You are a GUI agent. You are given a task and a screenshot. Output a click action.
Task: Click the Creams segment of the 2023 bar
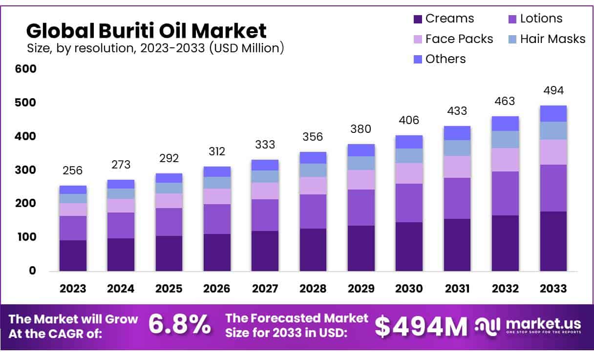[x=73, y=255]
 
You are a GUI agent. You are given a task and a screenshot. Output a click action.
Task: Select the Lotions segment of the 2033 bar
[x=553, y=188]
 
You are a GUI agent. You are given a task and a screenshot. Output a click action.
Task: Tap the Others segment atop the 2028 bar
[x=313, y=158]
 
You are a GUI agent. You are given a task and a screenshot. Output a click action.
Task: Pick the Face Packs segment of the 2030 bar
[x=409, y=173]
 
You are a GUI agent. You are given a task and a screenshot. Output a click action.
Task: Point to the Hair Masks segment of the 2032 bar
[x=505, y=140]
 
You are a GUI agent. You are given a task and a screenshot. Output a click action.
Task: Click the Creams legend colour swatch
[x=418, y=19]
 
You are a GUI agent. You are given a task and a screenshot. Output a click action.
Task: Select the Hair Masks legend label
[x=552, y=39]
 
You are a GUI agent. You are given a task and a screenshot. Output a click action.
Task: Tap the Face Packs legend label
[x=459, y=39]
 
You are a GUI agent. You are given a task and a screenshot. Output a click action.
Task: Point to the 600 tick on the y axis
[x=26, y=69]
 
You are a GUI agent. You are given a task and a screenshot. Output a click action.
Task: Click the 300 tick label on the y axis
[x=26, y=170]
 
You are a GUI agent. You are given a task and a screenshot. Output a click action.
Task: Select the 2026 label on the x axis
[x=216, y=289]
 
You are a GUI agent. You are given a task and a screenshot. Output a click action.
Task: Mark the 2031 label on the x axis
[x=457, y=289]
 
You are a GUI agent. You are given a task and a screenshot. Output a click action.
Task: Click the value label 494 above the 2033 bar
[x=553, y=90]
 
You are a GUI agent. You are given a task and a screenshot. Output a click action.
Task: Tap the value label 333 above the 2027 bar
[x=265, y=145]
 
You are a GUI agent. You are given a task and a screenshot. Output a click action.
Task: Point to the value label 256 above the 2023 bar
[x=73, y=170]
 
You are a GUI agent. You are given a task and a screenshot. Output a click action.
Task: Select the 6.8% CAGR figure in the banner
[x=180, y=325]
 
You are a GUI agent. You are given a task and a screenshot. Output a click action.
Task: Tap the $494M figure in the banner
[x=421, y=326]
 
